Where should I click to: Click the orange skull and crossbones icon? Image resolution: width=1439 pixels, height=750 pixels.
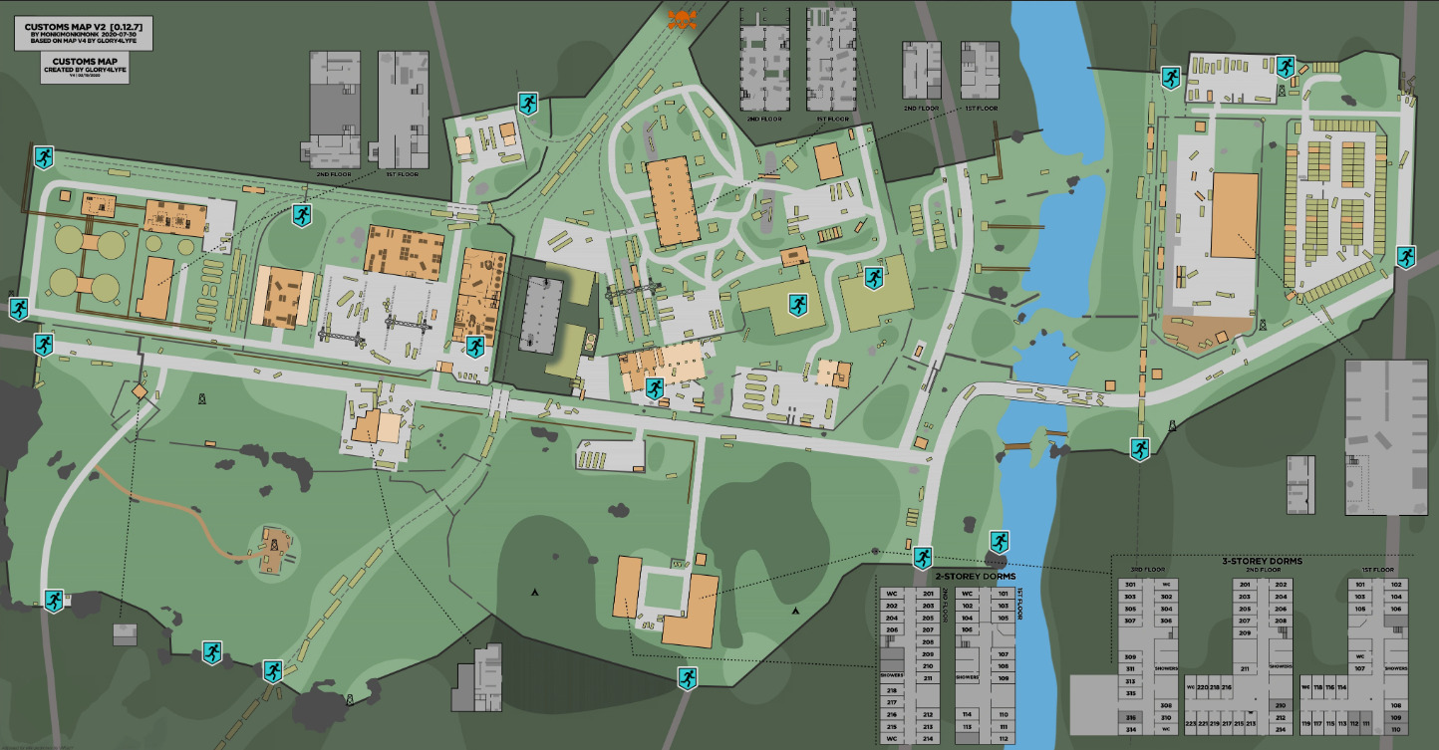point(682,19)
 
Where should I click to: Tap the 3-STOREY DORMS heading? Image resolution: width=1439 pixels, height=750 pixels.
point(1262,561)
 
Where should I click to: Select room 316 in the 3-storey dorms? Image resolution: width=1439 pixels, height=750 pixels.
point(1130,717)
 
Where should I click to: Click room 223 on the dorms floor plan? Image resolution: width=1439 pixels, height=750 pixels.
point(1192,723)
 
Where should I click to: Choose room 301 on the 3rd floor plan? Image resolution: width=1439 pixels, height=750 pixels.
point(1130,584)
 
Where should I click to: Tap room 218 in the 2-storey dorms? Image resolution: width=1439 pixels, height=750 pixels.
point(892,690)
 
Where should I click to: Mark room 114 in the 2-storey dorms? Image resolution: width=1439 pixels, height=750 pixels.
point(967,714)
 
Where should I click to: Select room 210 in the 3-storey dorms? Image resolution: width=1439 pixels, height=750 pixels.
point(1280,705)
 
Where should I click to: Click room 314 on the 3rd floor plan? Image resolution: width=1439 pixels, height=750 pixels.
point(1130,729)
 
